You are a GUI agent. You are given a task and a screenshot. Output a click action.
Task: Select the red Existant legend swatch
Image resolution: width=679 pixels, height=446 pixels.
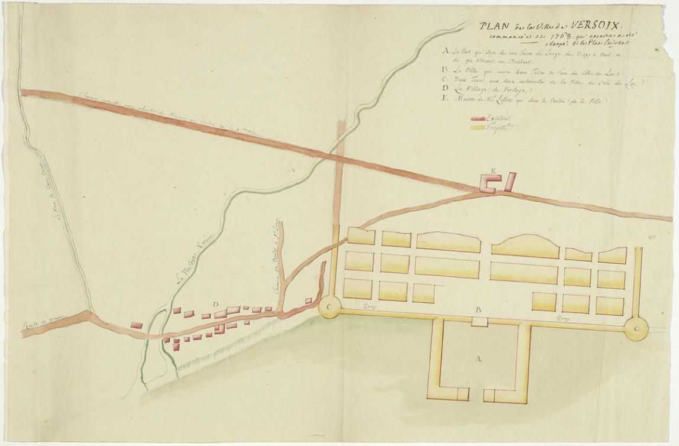tap(477, 119)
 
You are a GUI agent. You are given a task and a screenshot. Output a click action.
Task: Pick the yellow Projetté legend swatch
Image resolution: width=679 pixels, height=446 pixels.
tap(477, 127)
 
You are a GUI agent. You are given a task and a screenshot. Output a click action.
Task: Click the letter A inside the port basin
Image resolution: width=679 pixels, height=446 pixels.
tap(478, 358)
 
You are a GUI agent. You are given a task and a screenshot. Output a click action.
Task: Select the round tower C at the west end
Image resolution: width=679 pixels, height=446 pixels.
tap(328, 307)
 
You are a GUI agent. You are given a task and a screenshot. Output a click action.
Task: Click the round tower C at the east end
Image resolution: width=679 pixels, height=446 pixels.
tap(636, 327)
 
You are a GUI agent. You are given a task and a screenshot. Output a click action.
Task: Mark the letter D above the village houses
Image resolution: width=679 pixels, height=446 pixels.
tap(216, 305)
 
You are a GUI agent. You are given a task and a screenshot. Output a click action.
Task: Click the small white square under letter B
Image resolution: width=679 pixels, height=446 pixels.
tap(479, 321)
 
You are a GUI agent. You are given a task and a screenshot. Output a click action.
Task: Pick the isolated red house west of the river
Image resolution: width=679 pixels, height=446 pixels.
tap(137, 325)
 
